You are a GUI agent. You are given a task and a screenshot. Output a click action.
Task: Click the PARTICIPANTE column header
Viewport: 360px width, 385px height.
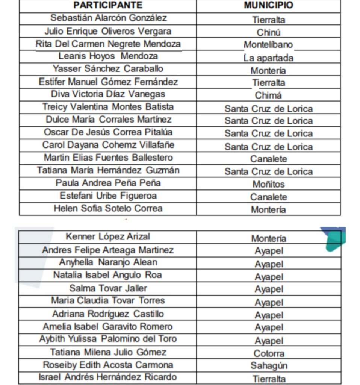click(108, 5)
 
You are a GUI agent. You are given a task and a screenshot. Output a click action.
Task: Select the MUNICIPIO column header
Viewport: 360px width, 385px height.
click(268, 5)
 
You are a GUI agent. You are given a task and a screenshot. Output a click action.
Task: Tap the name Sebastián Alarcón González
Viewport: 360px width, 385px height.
click(109, 18)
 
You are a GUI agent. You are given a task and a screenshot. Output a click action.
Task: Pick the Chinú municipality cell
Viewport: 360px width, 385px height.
click(268, 32)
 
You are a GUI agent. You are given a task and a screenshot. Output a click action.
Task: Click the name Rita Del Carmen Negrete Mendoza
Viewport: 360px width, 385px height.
click(108, 44)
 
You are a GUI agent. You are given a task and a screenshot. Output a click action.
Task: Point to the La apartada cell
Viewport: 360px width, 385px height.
click(268, 58)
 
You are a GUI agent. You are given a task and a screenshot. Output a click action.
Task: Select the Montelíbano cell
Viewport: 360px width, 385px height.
click(268, 45)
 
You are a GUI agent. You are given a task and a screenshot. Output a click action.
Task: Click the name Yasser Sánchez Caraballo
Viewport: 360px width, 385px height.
click(108, 69)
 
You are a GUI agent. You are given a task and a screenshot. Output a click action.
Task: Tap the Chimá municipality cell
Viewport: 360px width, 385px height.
click(268, 95)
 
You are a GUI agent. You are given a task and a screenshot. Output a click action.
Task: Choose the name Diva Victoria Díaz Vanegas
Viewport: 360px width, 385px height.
click(108, 94)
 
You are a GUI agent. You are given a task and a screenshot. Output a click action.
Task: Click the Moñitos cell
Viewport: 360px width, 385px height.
click(268, 184)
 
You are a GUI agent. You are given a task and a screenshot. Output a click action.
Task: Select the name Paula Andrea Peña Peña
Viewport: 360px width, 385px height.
click(108, 183)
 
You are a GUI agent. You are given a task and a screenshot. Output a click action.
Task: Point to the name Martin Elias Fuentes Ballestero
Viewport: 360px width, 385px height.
click(108, 158)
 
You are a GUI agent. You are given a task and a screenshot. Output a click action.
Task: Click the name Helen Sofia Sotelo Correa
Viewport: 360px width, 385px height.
click(108, 208)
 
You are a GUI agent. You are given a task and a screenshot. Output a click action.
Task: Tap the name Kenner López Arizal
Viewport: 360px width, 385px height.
click(108, 236)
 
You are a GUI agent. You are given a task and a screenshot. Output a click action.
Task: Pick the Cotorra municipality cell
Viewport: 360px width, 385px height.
click(269, 353)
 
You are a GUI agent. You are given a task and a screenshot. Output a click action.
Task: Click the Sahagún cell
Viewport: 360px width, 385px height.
click(269, 366)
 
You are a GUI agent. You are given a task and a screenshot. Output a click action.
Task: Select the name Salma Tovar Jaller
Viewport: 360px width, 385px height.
click(108, 288)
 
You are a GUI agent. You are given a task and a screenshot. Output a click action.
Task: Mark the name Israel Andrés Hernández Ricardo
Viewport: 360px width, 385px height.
click(108, 377)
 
